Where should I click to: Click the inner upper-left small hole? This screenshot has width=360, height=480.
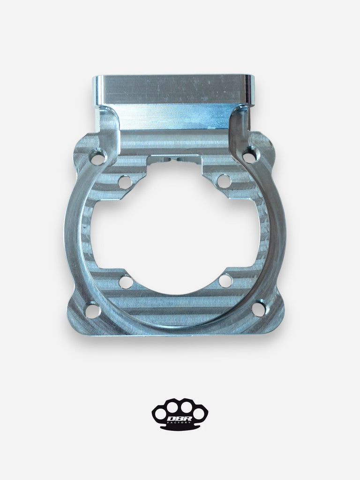point(125,180)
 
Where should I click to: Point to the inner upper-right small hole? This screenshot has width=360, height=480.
point(224,180)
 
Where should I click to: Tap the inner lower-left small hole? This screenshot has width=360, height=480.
point(125,282)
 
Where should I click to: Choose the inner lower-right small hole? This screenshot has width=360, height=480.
point(225,281)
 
